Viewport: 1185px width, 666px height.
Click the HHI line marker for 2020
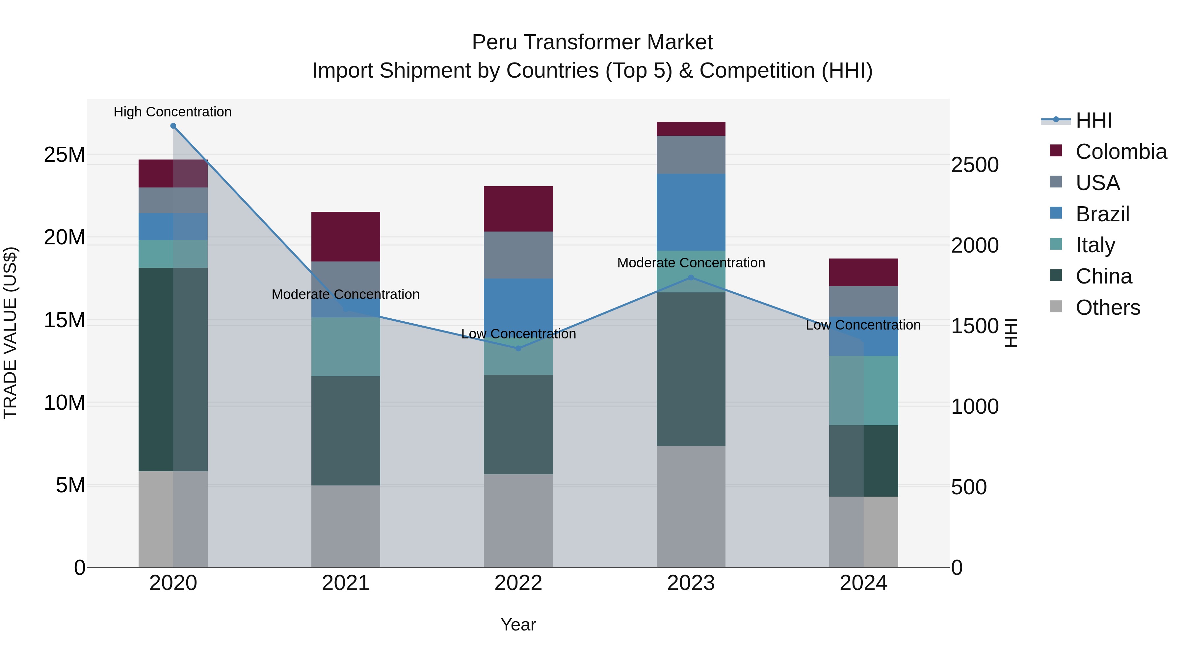coord(173,126)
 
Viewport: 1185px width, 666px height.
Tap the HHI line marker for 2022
coord(518,348)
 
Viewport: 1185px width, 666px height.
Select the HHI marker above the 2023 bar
coord(691,278)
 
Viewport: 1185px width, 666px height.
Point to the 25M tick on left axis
coord(65,155)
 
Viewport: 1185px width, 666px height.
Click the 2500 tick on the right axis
coord(975,165)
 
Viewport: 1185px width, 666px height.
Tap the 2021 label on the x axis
coord(346,583)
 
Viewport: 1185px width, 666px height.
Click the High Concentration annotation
coord(172,112)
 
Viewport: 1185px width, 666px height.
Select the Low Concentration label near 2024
coord(863,325)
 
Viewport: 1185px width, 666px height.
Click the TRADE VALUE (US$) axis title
coord(10,333)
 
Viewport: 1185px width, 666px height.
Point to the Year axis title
coord(518,625)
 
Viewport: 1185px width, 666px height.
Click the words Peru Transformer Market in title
coord(592,42)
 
